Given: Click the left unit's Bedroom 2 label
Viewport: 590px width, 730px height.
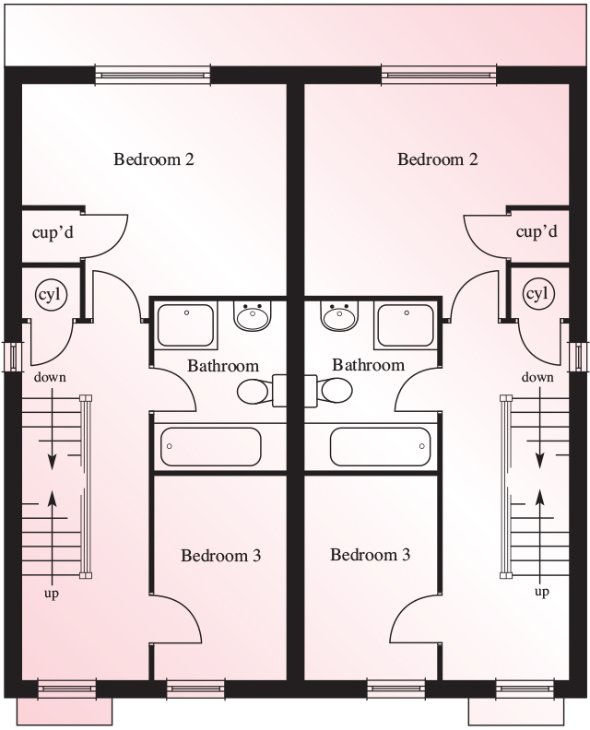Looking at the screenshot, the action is coord(154,159).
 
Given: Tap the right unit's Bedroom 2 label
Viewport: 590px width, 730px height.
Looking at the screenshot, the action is coord(438,159).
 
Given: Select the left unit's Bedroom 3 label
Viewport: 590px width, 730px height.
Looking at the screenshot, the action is coord(220,556).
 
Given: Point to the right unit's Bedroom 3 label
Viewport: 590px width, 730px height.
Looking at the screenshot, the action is coord(371,555).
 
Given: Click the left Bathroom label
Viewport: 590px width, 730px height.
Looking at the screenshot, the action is coord(223,366).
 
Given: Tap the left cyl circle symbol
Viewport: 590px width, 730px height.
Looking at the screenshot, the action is coord(52,295).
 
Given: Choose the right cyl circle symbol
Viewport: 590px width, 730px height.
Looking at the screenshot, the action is coord(538,294).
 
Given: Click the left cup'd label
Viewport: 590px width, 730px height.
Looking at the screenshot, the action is coord(53,232).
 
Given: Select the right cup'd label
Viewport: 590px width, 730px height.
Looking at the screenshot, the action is coord(537,231).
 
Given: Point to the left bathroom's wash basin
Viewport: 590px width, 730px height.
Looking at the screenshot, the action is coord(253,315).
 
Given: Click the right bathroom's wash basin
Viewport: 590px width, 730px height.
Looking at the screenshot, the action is coord(339,315).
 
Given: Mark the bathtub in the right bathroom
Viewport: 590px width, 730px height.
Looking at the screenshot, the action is coord(380,446).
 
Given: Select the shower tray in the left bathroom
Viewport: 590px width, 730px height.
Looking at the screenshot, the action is coord(185,325).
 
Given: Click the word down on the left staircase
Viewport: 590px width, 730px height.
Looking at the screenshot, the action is coord(50,377).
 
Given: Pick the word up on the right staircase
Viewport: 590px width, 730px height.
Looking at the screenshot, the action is coord(542,592).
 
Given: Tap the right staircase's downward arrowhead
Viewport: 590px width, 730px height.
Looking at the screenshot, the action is coord(539,461).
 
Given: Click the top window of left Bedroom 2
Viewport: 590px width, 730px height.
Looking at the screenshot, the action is coord(153,75).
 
